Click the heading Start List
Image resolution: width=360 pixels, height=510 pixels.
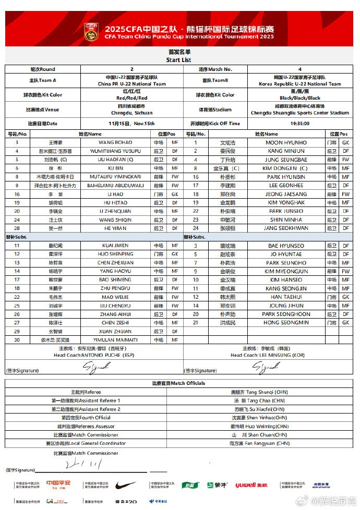pyautogui.click(x=179, y=60)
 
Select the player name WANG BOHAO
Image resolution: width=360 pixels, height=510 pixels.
pyautogui.click(x=115, y=142)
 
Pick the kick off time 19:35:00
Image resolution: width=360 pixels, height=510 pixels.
pyautogui.click(x=300, y=124)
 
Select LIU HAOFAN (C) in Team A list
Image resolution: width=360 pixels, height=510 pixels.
pyautogui.click(x=116, y=160)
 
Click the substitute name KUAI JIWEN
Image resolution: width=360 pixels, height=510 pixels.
pyautogui.click(x=115, y=245)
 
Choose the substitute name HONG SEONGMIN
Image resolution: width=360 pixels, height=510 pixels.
pyautogui.click(x=285, y=323)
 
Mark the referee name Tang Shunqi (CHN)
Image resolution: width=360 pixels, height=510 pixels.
pyautogui.click(x=266, y=392)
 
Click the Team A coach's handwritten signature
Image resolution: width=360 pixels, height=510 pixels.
pyautogui.click(x=95, y=367)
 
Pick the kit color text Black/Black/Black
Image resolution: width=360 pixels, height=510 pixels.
pyautogui.click(x=299, y=98)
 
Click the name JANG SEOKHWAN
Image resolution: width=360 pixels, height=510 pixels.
pyautogui.click(x=286, y=228)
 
